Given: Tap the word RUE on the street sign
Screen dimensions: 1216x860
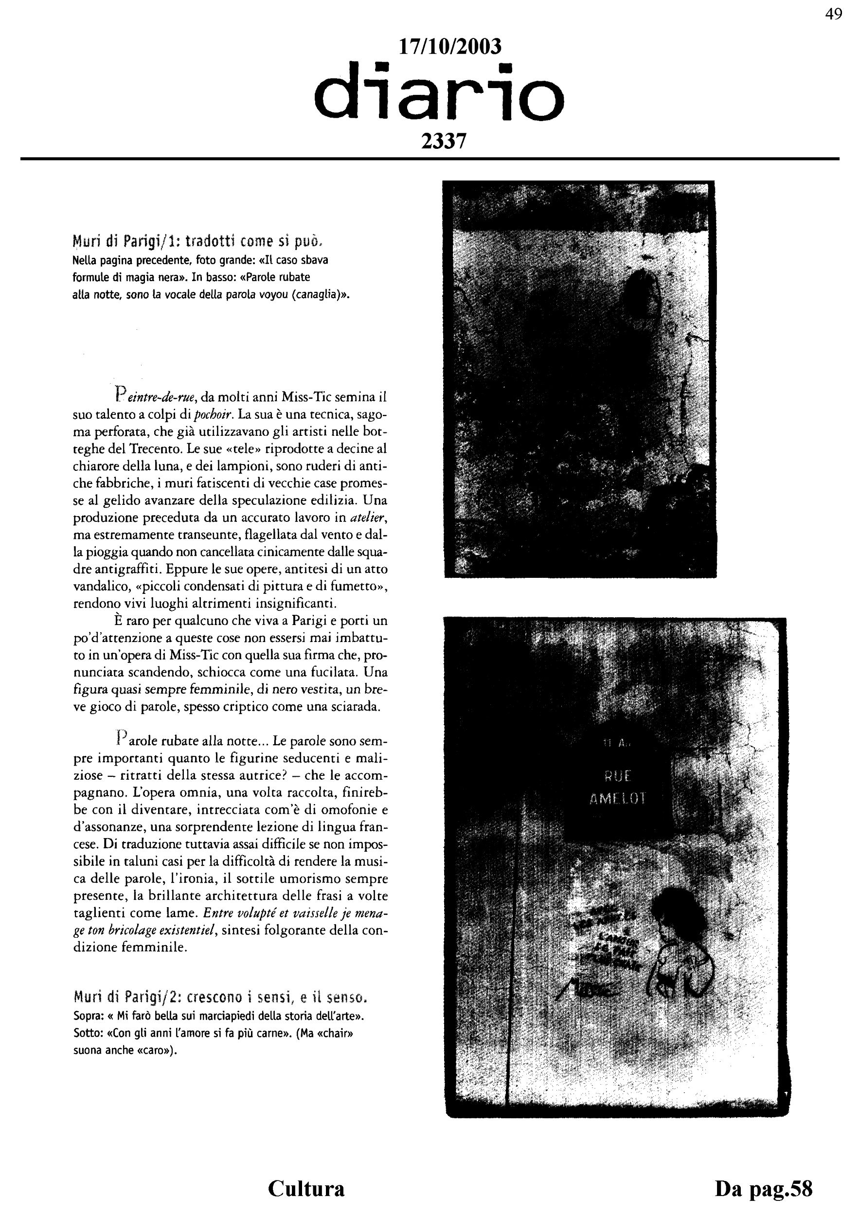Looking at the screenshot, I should tap(617, 776).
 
